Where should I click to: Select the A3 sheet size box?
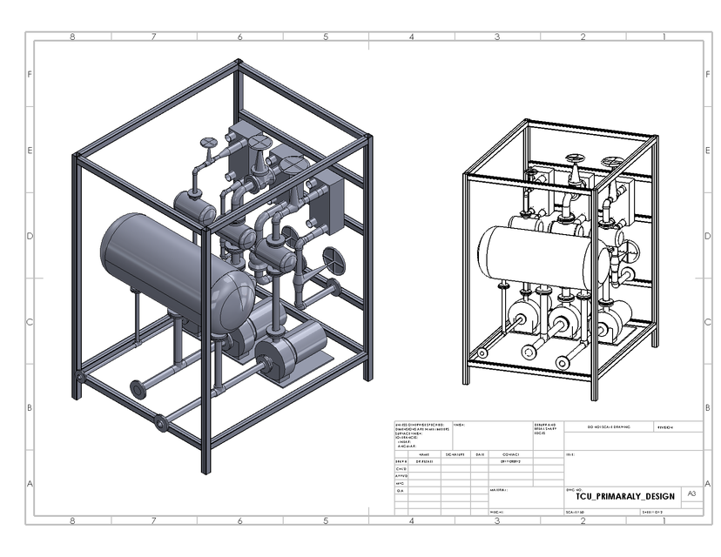coord(692,493)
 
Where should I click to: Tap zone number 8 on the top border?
coord(72,37)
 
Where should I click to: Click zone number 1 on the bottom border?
coord(664,520)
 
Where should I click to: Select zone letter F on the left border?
coord(30,75)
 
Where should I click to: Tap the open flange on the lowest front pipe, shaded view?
coord(161,424)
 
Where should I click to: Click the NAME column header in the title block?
coord(424,454)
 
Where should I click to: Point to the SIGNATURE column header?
coord(455,454)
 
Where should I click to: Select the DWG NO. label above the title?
coord(573,488)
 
